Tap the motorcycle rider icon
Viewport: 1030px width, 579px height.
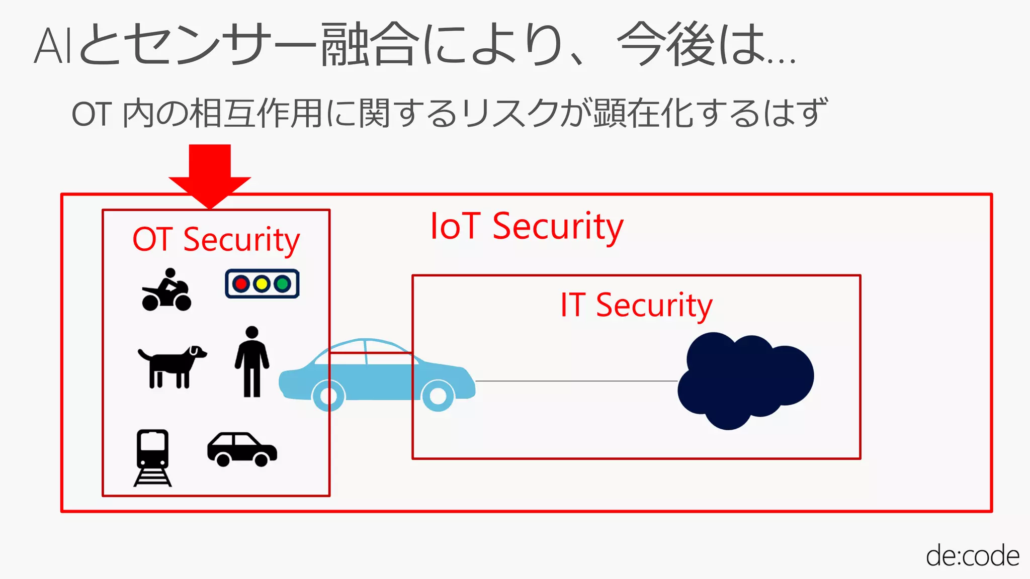[x=166, y=290]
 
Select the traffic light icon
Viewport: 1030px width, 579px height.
[x=262, y=284]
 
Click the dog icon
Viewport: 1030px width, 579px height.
[x=171, y=365]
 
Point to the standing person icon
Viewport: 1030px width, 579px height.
[x=252, y=361]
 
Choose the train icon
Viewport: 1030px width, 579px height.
[x=152, y=457]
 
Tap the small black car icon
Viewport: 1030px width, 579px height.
[x=242, y=449]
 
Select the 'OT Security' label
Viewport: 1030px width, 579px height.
[x=216, y=239]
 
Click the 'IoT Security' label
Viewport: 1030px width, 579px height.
[x=527, y=227]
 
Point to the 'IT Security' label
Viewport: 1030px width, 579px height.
[x=636, y=305]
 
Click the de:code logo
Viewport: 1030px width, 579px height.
[x=972, y=556]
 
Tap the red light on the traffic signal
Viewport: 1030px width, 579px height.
[x=241, y=284]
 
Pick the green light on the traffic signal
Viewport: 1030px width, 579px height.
[x=283, y=284]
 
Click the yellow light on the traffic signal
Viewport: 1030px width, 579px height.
[x=262, y=284]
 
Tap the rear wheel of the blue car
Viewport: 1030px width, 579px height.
[x=328, y=396]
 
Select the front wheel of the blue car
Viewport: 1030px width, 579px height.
[x=438, y=396]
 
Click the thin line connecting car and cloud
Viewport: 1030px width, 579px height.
[x=576, y=381]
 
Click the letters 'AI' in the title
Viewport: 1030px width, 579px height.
[x=53, y=46]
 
